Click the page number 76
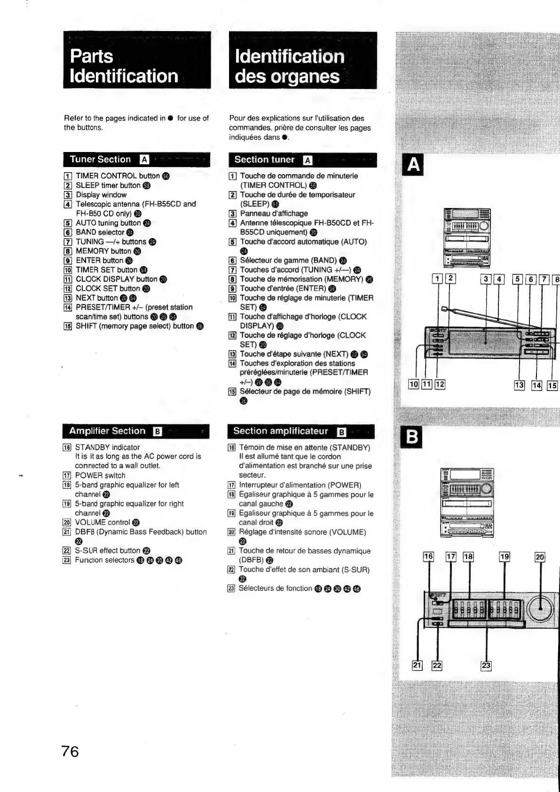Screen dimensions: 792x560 70,752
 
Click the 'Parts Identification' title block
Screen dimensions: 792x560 137,60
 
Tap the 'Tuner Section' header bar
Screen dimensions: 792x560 136,160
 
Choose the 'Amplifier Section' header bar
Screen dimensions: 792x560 135,431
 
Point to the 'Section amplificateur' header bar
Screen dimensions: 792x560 300,431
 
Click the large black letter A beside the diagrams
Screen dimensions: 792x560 413,165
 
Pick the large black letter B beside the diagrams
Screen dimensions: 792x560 412,438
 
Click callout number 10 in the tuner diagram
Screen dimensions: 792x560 413,384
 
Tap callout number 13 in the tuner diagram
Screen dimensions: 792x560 519,385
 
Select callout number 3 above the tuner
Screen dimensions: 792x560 486,279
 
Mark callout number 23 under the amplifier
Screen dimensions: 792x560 486,665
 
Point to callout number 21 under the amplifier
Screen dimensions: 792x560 417,665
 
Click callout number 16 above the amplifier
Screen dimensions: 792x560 428,557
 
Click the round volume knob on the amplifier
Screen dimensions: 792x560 541,610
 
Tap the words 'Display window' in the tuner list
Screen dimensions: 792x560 101,195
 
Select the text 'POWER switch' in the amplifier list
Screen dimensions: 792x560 100,476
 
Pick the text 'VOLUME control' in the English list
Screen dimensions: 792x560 103,522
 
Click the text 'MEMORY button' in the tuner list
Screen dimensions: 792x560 103,251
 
